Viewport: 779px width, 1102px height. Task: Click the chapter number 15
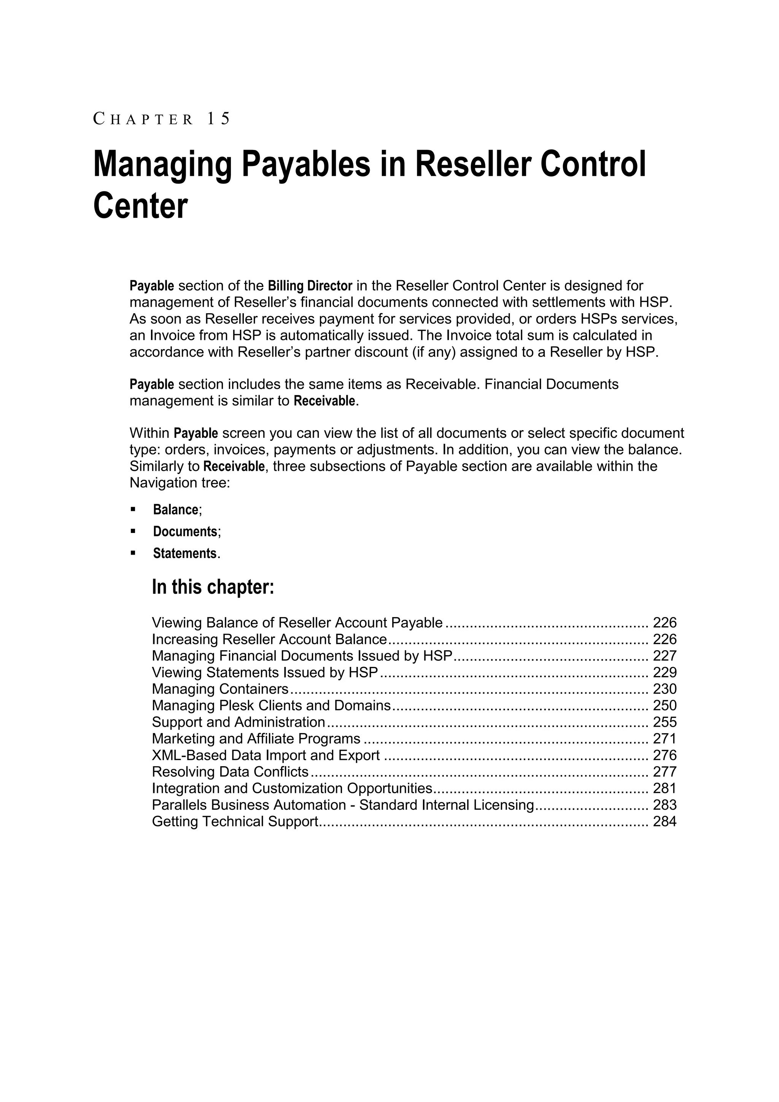tap(218, 118)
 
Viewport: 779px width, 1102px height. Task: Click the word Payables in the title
tap(305, 164)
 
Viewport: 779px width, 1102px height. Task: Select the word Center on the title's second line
tap(140, 206)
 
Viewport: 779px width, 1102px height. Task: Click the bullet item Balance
tap(176, 510)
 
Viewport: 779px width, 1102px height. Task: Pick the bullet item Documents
tap(185, 532)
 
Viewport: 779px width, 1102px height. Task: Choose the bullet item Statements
tap(185, 554)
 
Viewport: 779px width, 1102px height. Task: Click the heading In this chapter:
tap(213, 587)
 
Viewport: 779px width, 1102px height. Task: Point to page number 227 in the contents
tap(665, 656)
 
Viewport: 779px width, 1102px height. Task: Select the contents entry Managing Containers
tap(220, 689)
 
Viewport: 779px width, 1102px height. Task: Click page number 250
tap(665, 706)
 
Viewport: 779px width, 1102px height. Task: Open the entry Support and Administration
tap(238, 722)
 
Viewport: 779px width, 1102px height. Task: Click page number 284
tap(665, 822)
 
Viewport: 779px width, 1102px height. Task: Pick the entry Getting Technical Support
tap(235, 822)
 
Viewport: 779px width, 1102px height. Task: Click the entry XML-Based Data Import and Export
tap(266, 756)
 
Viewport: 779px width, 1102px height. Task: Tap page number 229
tap(665, 673)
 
